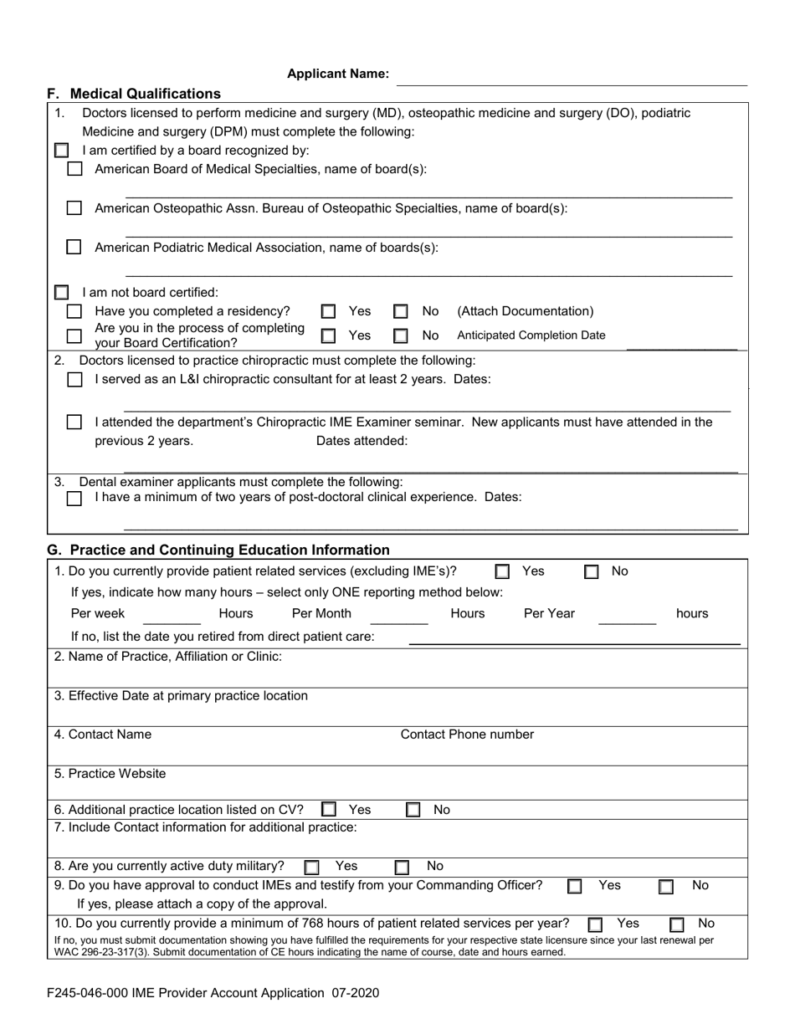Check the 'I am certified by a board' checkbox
tap(62, 151)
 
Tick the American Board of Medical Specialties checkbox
tap(75, 169)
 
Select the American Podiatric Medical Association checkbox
tap(75, 248)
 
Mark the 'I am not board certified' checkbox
tap(62, 293)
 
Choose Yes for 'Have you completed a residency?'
tap(329, 312)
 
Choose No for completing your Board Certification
tap(401, 336)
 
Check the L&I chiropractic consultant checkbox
tap(75, 380)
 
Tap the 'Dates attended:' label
tap(362, 441)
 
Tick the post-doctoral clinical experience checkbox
tap(75, 499)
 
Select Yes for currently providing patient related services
tap(502, 572)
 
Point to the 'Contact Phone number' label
tap(467, 735)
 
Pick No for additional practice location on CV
tap(413, 810)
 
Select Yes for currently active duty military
tap(311, 868)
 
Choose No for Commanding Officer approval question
tap(666, 887)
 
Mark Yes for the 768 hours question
tap(595, 924)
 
